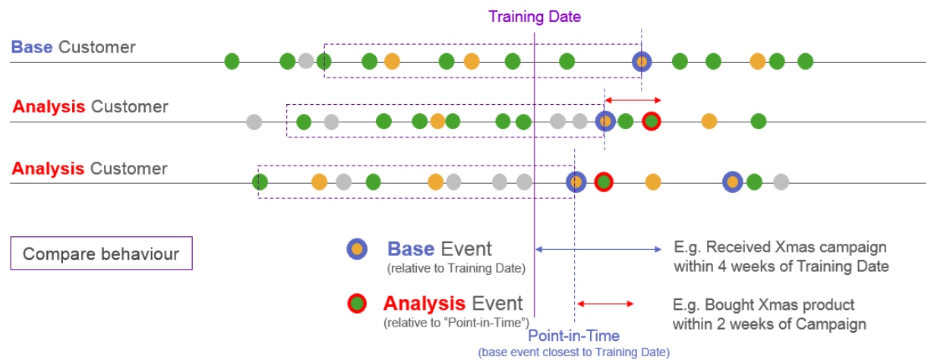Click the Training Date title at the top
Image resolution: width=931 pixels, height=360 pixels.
click(x=535, y=17)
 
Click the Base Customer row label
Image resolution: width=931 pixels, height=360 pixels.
click(x=73, y=47)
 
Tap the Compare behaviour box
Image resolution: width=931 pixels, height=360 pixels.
click(x=102, y=253)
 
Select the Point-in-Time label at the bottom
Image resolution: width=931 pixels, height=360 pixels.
click(x=573, y=336)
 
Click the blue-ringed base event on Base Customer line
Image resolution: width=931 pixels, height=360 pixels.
click(x=642, y=62)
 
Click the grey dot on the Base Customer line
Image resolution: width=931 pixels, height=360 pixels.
click(x=306, y=61)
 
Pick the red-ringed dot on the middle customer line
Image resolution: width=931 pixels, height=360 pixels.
click(x=652, y=122)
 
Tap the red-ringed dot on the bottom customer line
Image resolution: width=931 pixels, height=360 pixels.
click(x=604, y=182)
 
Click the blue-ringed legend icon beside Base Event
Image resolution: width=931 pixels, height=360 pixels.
click(x=357, y=249)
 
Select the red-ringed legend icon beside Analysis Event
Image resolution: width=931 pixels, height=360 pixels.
click(x=357, y=304)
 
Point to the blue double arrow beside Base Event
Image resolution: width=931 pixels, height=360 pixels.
click(x=598, y=249)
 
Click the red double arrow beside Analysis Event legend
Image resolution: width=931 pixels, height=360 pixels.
click(x=605, y=304)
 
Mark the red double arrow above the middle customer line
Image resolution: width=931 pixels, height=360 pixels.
click(x=633, y=100)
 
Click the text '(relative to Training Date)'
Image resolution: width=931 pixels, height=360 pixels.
click(x=456, y=269)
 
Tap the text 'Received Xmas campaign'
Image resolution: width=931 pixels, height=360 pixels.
click(x=796, y=247)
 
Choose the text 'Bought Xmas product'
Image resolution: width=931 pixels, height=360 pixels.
click(x=779, y=305)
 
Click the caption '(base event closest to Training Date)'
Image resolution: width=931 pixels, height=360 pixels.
click(x=574, y=352)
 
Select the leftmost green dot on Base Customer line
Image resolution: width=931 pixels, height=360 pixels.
click(x=232, y=62)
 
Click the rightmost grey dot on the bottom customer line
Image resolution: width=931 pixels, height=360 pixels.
click(x=781, y=182)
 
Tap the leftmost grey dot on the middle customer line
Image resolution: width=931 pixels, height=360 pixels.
click(x=254, y=122)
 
